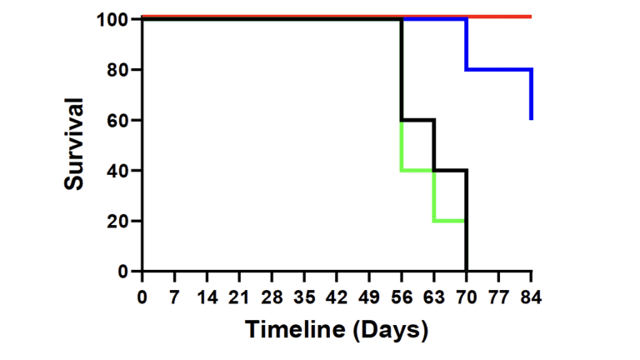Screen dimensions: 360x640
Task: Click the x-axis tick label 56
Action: [402, 298]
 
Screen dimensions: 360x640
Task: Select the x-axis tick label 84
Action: [531, 298]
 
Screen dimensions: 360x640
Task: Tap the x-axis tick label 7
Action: [175, 298]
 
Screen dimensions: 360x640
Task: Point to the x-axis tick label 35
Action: [304, 298]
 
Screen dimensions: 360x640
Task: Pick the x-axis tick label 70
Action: [466, 298]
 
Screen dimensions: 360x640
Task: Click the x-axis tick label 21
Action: [240, 298]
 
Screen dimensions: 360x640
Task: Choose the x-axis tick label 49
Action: [369, 298]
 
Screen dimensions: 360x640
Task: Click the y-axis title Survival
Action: [75, 144]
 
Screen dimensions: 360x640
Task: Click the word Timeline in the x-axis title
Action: [295, 330]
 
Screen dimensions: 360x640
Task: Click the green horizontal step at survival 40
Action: [417, 171]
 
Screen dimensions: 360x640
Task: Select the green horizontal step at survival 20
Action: [450, 221]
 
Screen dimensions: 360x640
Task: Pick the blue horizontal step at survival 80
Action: [498, 69]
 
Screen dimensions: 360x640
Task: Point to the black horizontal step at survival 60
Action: [417, 120]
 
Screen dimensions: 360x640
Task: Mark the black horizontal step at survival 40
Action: [450, 170]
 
